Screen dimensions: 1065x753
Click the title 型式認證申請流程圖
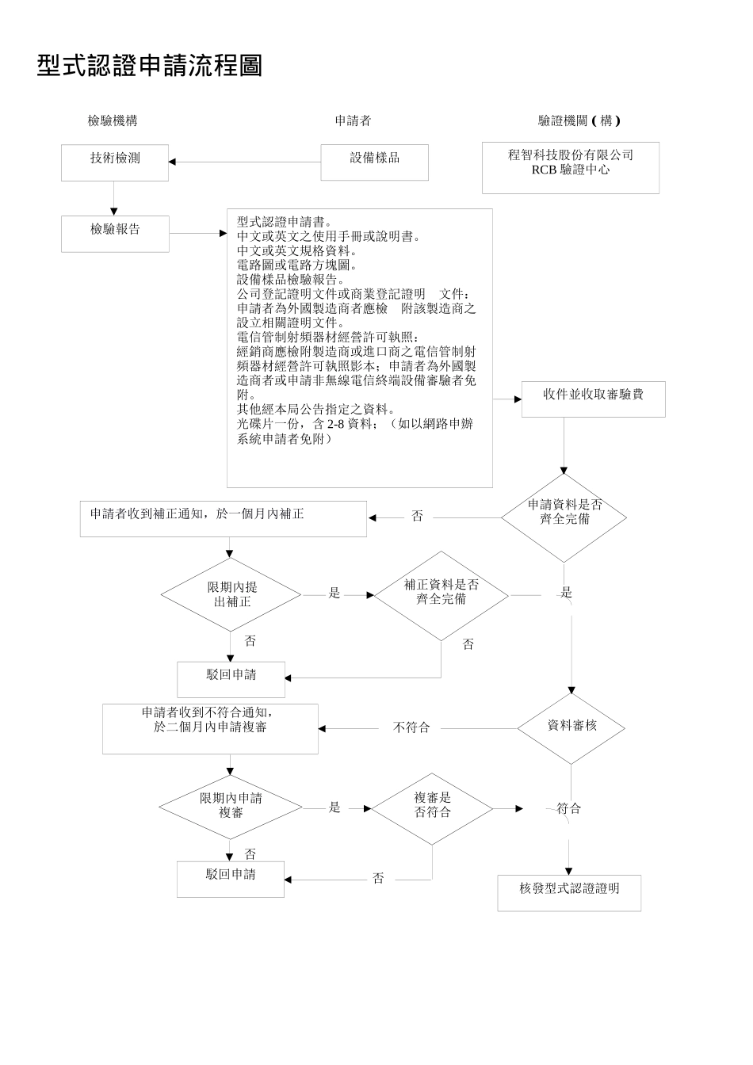point(150,66)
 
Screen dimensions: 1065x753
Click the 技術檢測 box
point(115,162)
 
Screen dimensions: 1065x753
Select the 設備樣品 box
point(374,162)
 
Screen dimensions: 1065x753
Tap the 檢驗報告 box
point(115,233)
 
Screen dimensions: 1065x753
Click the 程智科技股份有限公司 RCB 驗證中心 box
point(570,167)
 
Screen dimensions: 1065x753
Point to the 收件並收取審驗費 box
point(593,399)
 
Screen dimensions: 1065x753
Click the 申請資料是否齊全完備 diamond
point(564,517)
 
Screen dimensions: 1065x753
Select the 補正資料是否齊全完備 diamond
point(441,595)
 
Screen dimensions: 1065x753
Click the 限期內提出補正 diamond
point(231,594)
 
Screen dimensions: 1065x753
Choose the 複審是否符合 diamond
point(432,808)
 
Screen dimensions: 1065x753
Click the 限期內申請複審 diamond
point(231,807)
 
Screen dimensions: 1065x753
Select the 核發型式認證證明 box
point(569,892)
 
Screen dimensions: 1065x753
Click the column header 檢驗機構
point(113,120)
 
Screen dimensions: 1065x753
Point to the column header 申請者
point(353,120)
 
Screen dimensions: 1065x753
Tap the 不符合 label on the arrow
point(411,728)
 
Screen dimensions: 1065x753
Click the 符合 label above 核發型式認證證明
point(568,808)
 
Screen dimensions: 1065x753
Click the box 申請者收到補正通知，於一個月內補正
point(223,519)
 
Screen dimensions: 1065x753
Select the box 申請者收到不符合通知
point(210,727)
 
